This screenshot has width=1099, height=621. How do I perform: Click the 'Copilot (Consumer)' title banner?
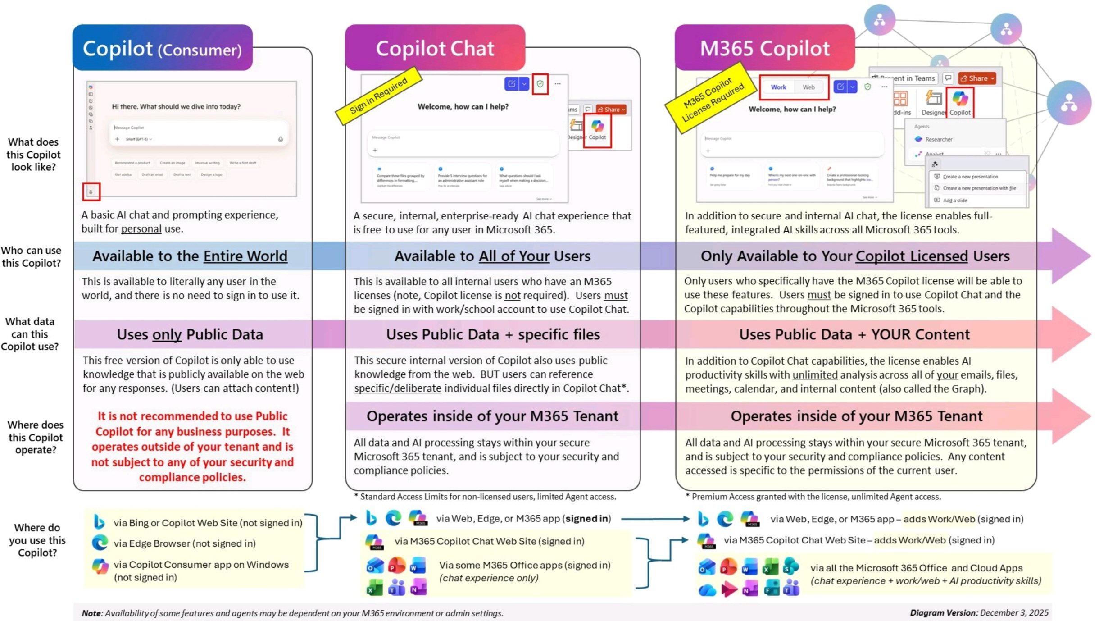point(162,48)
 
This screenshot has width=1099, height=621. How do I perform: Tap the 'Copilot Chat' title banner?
point(435,48)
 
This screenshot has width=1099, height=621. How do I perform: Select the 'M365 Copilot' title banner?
point(764,48)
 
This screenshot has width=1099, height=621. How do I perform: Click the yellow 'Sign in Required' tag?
point(378,96)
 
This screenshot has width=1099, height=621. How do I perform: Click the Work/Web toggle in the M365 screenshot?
point(794,87)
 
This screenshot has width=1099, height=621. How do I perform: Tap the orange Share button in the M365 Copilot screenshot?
point(976,78)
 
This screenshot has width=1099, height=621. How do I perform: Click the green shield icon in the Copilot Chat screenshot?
point(540,84)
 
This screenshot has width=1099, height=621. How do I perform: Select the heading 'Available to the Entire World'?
point(190,256)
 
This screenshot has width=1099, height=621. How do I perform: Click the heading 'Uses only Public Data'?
point(190,334)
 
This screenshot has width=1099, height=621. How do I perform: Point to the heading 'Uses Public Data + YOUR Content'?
point(854,334)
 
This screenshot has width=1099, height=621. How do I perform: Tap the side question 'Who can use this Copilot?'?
point(31,256)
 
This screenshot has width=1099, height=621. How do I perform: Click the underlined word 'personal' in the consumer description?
point(141,229)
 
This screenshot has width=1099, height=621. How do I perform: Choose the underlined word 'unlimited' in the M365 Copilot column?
point(815,375)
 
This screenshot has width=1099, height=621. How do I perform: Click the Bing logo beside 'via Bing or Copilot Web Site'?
point(99,522)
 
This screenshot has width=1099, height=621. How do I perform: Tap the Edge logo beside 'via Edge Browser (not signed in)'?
point(100,543)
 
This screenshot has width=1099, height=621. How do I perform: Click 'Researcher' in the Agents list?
point(938,140)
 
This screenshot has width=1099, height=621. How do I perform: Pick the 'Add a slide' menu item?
point(954,201)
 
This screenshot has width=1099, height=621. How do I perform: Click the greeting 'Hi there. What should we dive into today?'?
point(176,107)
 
